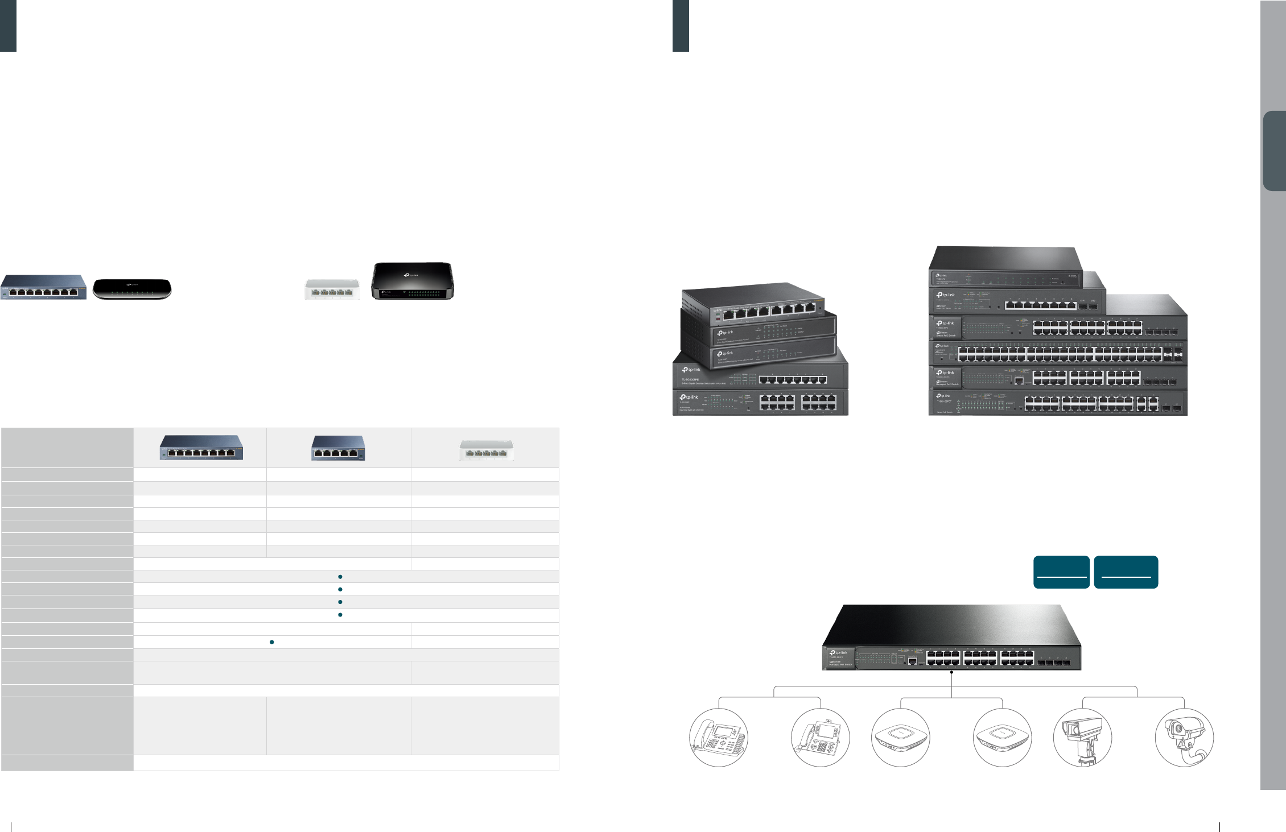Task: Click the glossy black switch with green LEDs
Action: point(132,289)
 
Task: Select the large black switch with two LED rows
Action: point(413,281)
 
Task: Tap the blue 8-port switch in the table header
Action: point(201,448)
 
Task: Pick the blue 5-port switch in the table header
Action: point(339,448)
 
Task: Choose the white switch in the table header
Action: point(487,450)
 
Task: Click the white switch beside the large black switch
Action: point(332,289)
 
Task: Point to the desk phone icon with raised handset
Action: point(718,738)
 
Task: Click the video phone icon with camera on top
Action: point(820,738)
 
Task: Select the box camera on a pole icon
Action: point(1082,738)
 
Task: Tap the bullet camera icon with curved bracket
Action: point(1184,738)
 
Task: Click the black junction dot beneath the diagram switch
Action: point(951,672)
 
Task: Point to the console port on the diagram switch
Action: point(912,661)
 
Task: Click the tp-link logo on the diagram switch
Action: point(839,653)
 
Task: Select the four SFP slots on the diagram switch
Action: point(1054,663)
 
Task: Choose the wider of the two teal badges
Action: point(1126,572)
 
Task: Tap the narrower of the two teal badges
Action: point(1061,572)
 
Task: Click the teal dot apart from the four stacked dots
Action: point(272,642)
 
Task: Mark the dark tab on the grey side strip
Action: point(1275,151)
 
